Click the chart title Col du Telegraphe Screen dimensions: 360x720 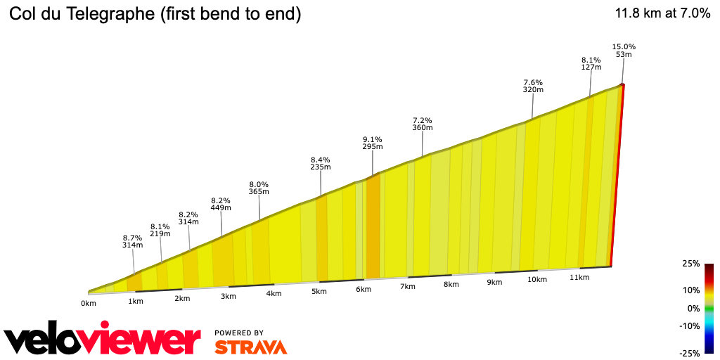pos(155,14)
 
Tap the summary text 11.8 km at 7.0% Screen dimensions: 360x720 pos(662,13)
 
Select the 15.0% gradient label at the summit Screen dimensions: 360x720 pos(624,46)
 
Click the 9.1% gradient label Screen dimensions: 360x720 pos(372,139)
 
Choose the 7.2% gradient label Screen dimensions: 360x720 pos(422,120)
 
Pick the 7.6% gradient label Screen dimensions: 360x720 pos(532,82)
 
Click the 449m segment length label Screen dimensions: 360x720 pos(221,208)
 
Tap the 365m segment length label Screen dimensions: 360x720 pos(259,192)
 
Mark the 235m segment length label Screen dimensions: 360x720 pos(321,167)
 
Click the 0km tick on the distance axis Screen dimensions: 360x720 pos(88,304)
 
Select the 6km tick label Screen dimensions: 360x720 pos(363,290)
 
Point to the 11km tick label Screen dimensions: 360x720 pos(579,278)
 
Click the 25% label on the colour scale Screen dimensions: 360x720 pos(690,264)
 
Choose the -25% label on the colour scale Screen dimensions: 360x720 pos(689,353)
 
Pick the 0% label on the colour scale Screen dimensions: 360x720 pos(693,309)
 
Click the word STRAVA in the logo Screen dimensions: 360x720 pos(250,347)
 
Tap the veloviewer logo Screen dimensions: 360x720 pos(103,341)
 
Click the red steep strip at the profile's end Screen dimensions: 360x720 pos(617,176)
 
